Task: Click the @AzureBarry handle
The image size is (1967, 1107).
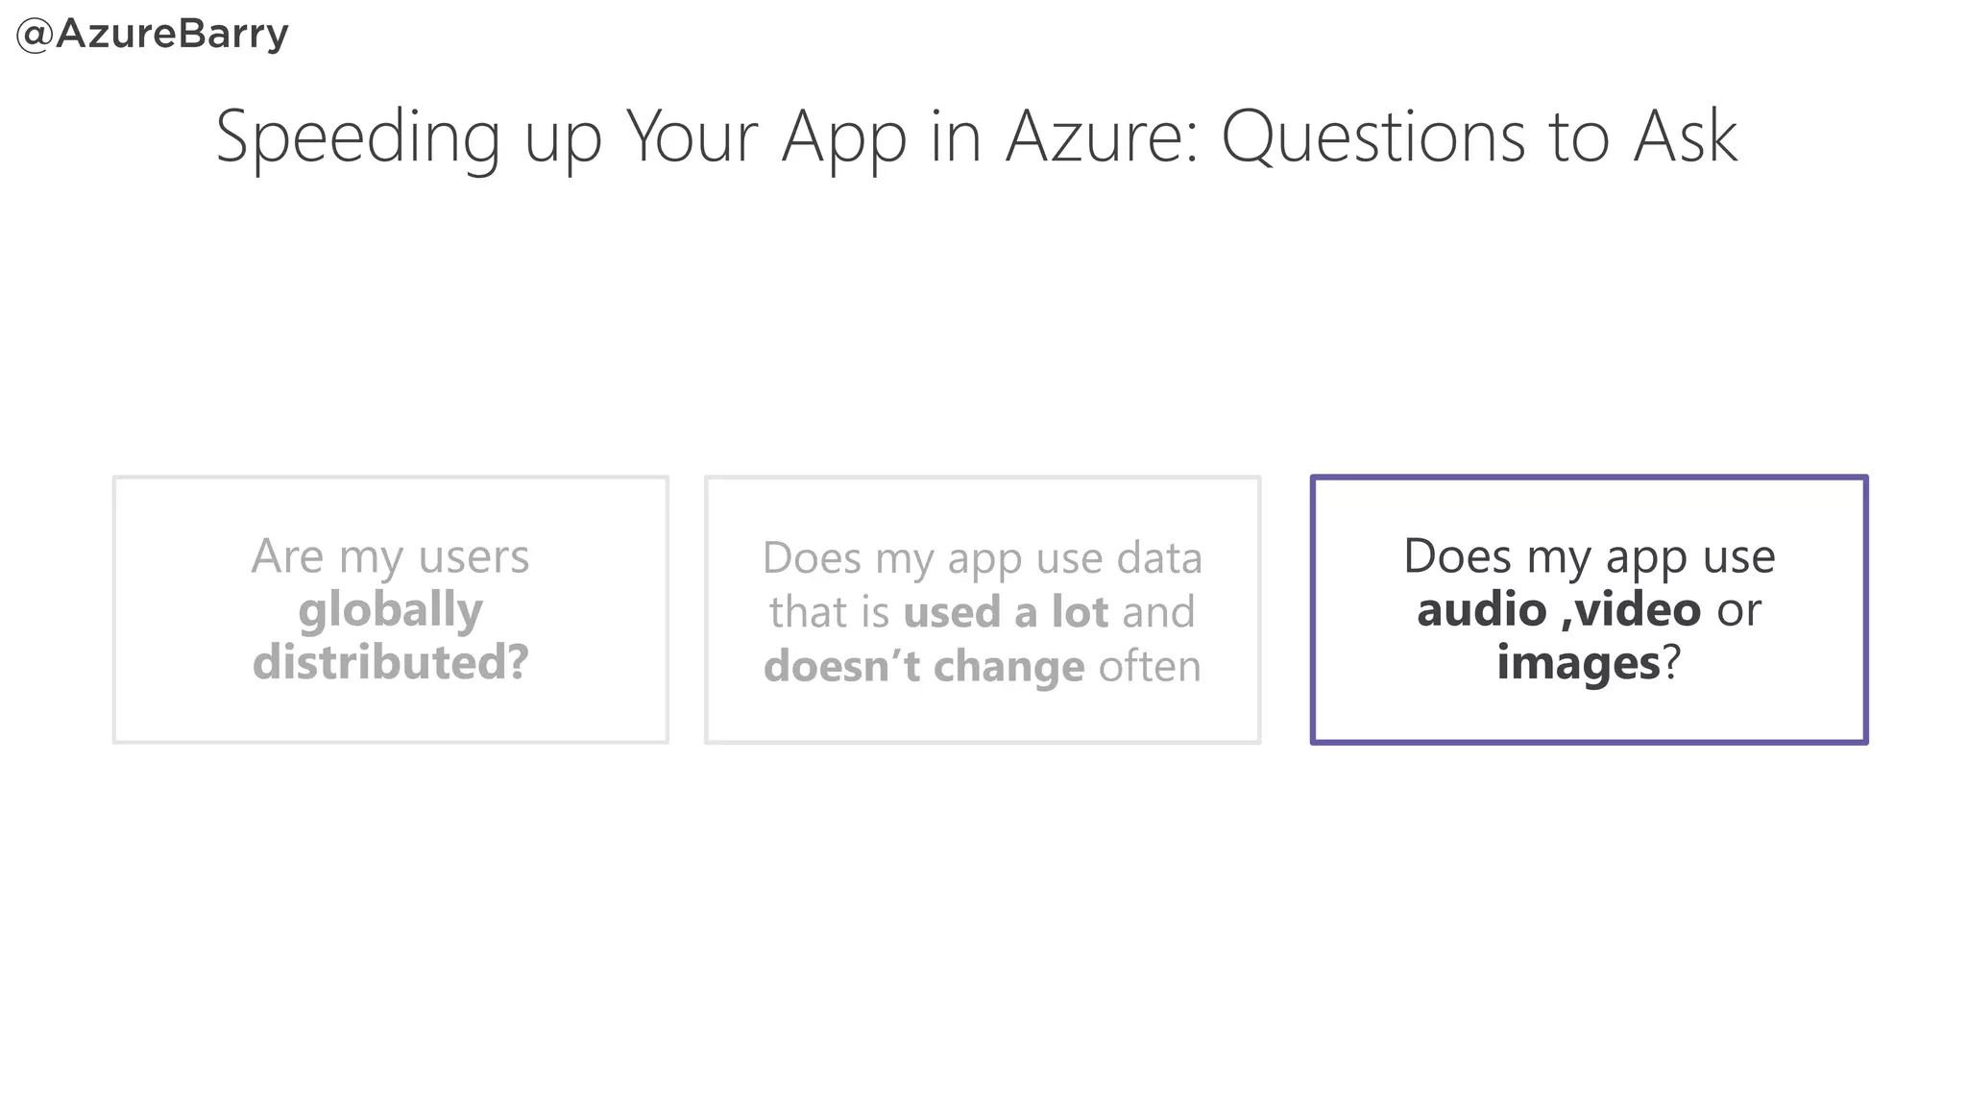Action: click(153, 34)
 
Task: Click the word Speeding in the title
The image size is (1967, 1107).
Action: click(358, 137)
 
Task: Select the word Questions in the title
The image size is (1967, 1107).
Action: click(1373, 137)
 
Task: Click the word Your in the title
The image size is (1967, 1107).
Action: click(692, 137)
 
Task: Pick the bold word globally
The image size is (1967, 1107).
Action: click(390, 610)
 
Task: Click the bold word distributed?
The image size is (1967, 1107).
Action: click(390, 663)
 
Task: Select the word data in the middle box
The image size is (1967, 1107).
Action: click(1159, 558)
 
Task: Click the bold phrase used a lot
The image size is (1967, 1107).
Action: click(1006, 612)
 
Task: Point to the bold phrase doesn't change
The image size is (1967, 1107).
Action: click(924, 666)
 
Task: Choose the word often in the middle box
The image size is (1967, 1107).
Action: click(1150, 666)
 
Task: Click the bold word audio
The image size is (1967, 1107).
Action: click(1481, 610)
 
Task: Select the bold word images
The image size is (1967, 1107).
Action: click(1578, 663)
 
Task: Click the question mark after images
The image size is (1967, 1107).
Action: click(1672, 663)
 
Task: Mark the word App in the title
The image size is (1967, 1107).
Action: click(843, 137)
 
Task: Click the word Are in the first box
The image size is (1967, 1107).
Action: click(287, 556)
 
